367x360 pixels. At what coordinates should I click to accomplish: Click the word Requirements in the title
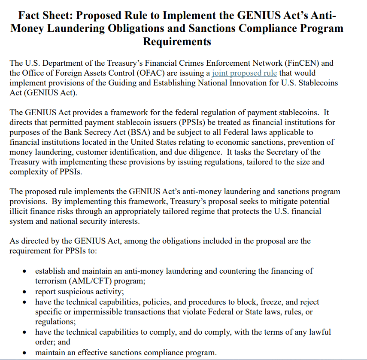pos(177,41)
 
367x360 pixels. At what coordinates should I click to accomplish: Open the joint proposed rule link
pos(244,73)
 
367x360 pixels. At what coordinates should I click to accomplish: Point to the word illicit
pos(20,211)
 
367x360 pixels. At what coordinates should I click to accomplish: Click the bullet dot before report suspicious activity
pos(25,292)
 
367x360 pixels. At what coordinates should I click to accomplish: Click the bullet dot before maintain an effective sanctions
pos(25,353)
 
